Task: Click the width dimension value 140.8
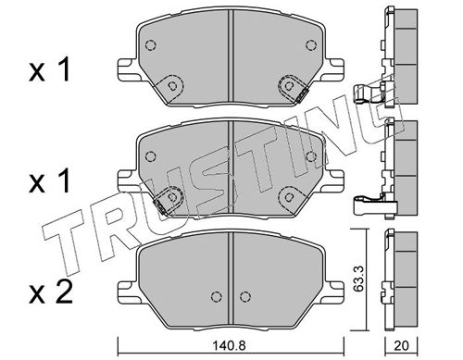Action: tap(230, 346)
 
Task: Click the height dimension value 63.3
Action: tap(358, 279)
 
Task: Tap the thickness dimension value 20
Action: tap(401, 346)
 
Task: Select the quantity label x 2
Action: tap(51, 292)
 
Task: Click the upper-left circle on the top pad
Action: tap(150, 45)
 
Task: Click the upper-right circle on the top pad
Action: tap(311, 45)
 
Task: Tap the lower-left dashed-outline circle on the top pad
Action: tap(172, 86)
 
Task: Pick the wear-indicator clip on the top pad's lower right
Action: tap(302, 95)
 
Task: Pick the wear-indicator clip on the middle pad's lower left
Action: tap(160, 205)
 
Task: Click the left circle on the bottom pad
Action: tap(217, 297)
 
